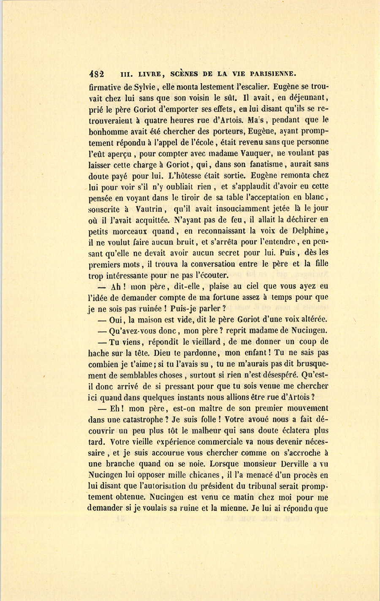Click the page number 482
pyautogui.click(x=97, y=73)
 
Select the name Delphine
pyautogui.click(x=309, y=231)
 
